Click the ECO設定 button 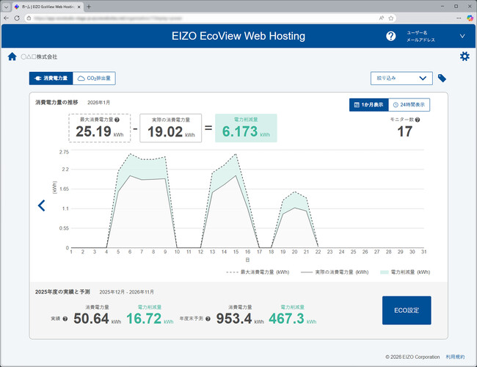pos(407,310)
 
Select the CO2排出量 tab pos(95,78)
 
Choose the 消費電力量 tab pos(51,78)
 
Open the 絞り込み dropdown pos(401,78)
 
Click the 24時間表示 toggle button pos(409,105)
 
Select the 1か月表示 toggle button pos(368,105)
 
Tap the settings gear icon pos(464,57)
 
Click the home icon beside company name pos(12,57)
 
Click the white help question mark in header pos(390,36)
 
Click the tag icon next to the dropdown pos(442,78)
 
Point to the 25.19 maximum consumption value pos(93,131)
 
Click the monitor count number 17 pos(404,131)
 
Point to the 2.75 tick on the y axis pos(64,152)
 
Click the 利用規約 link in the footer pos(455,357)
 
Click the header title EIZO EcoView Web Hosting pos(238,36)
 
